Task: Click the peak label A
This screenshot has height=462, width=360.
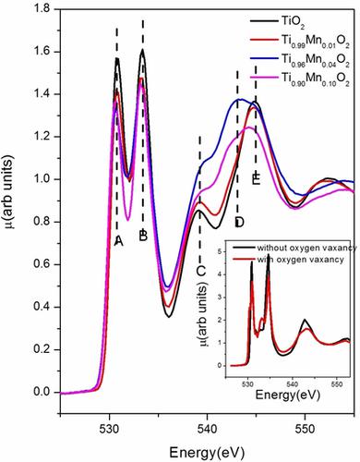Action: pos(118,240)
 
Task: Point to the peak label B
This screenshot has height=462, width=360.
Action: pos(143,237)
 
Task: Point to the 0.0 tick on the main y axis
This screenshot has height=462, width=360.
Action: pos(42,392)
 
